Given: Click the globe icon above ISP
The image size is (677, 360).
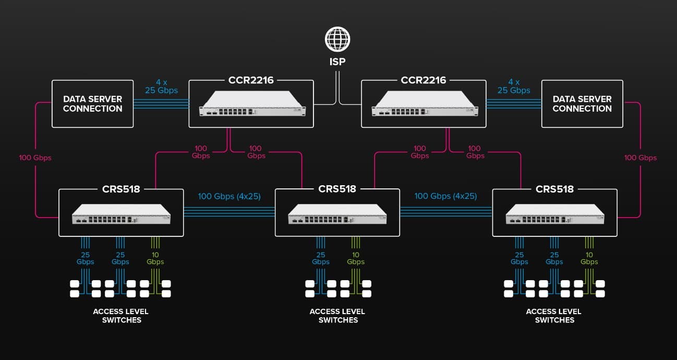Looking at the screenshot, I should [337, 39].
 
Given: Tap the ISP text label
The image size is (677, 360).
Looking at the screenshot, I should [337, 62].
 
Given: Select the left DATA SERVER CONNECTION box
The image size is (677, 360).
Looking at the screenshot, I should [92, 104].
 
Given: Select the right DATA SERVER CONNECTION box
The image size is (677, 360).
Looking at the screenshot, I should [582, 104].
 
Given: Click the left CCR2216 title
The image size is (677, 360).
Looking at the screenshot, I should [251, 80].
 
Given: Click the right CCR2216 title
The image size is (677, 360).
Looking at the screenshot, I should [424, 80].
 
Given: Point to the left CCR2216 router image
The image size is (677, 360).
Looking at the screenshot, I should [251, 104].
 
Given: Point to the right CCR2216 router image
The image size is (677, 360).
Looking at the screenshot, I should [424, 104].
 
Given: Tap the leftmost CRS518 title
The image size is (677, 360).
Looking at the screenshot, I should [121, 189].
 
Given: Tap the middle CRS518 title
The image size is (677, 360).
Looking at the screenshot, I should [337, 189].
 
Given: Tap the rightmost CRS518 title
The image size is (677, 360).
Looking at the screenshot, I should [554, 189].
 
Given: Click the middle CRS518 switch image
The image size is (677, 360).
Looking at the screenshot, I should [337, 213].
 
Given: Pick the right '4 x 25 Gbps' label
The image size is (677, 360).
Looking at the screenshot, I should [514, 86].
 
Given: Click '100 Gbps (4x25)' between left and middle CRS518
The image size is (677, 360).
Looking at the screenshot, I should [229, 196].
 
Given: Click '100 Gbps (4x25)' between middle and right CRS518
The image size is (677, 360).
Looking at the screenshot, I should [446, 196].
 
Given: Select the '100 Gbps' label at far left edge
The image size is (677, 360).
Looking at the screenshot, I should [35, 158].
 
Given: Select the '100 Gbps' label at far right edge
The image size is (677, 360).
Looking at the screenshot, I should [640, 158].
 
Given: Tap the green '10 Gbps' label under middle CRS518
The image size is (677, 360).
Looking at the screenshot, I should [355, 258].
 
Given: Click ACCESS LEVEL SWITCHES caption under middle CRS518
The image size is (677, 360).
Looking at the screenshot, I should [337, 316].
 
